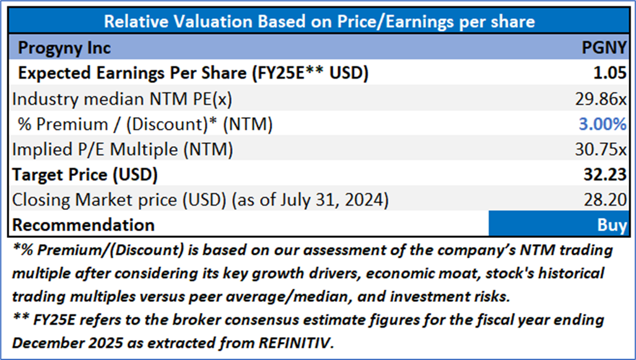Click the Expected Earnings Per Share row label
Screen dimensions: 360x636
pyautogui.click(x=193, y=73)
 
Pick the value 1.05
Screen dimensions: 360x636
pyautogui.click(x=610, y=73)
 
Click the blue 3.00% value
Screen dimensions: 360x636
pyautogui.click(x=602, y=124)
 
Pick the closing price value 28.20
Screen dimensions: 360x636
pyautogui.click(x=607, y=200)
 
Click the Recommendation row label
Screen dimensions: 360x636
pyautogui.click(x=84, y=224)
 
